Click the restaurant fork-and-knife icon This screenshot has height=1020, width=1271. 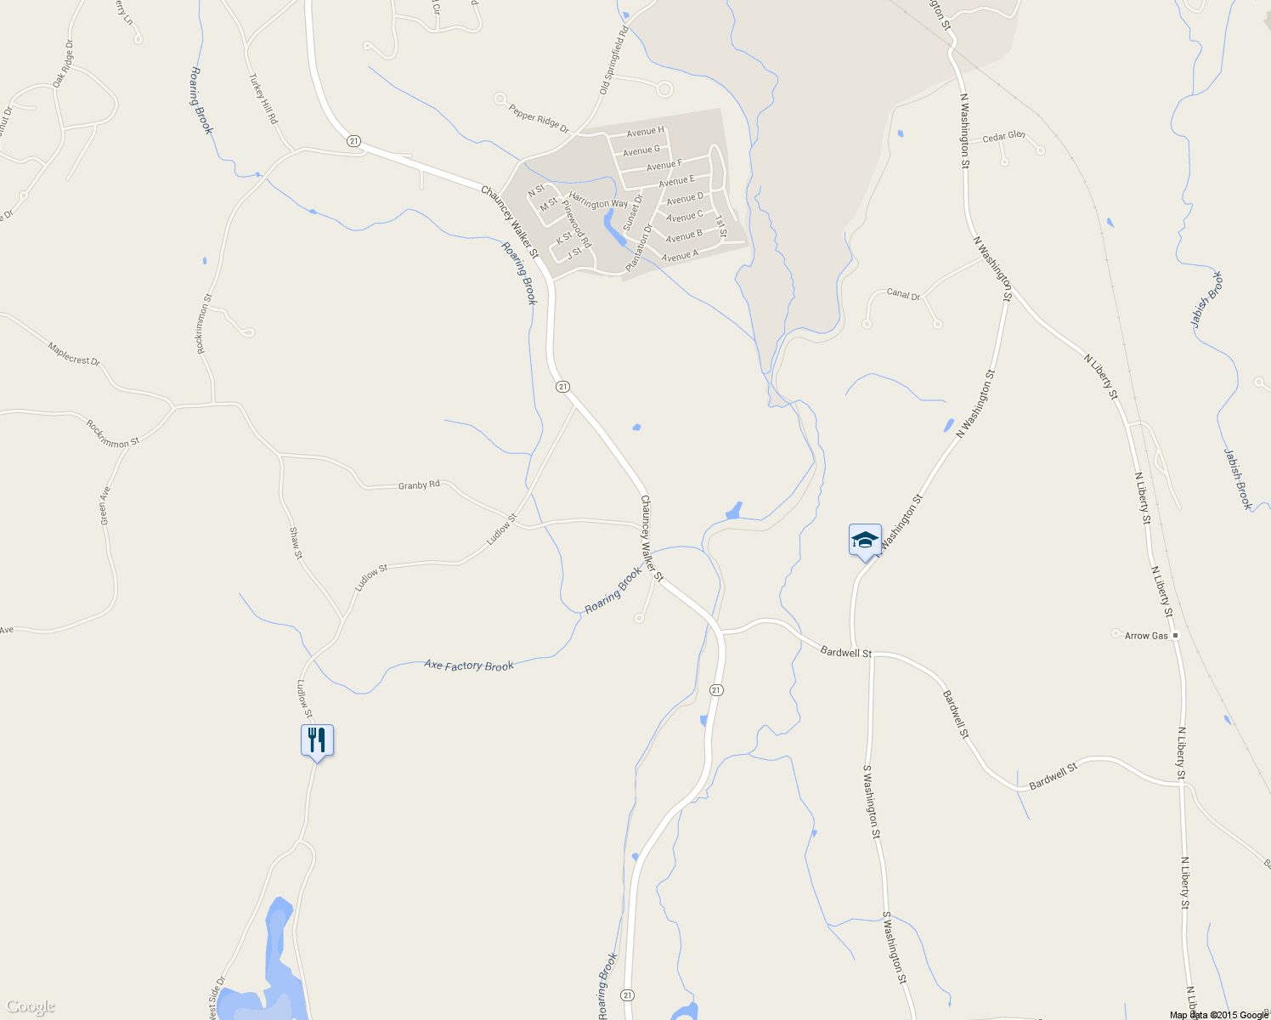[x=317, y=740]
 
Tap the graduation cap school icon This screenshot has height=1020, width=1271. [x=865, y=540]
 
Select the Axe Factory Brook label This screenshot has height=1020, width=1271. [x=469, y=666]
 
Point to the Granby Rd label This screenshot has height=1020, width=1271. [x=419, y=485]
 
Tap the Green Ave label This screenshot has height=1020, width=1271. [x=105, y=505]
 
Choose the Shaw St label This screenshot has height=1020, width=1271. [x=296, y=543]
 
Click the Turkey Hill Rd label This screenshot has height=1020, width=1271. [x=263, y=99]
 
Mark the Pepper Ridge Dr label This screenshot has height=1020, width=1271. [x=539, y=118]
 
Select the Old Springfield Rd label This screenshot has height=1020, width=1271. [x=613, y=59]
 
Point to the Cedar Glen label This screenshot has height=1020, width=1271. [x=1003, y=137]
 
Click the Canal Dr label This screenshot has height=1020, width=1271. [x=903, y=294]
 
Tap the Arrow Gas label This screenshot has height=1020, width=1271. [x=1147, y=636]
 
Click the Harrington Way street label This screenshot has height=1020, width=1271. [x=598, y=201]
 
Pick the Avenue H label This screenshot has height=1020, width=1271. [x=645, y=132]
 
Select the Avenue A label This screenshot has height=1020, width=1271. [x=680, y=255]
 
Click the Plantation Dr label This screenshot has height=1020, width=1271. [x=639, y=247]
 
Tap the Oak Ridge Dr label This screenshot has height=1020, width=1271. [x=63, y=64]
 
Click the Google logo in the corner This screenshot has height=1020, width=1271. [x=31, y=1006]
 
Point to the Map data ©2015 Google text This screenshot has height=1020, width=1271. [x=1218, y=1015]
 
